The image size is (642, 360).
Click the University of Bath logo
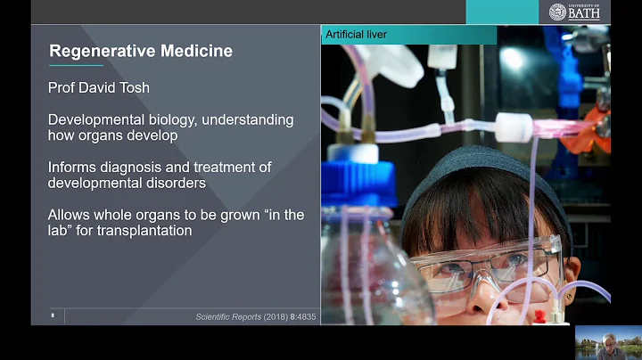573,12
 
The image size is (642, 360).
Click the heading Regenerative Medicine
141,51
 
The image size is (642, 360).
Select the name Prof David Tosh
100,87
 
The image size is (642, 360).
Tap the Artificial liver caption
356,35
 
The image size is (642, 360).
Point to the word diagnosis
130,168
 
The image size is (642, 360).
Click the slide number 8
53,315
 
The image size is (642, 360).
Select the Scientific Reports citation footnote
255,316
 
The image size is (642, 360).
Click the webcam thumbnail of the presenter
608,342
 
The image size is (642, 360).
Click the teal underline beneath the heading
76,66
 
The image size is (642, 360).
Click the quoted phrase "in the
272,215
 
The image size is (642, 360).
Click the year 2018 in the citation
274,316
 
